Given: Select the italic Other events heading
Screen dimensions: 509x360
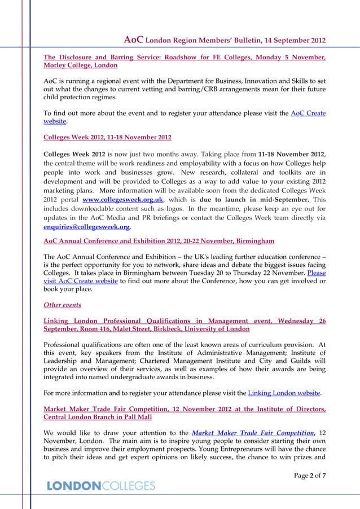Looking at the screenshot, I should (x=62, y=305).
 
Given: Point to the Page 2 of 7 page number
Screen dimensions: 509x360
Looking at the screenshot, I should (x=310, y=476).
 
